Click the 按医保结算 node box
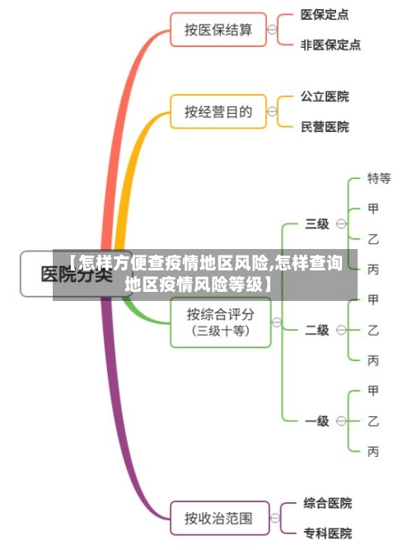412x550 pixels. pyautogui.click(x=218, y=30)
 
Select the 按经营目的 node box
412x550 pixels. pyautogui.click(x=218, y=111)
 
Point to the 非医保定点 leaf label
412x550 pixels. pyautogui.click(x=330, y=45)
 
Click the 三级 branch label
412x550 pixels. pyautogui.click(x=317, y=223)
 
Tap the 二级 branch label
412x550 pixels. pyautogui.click(x=317, y=330)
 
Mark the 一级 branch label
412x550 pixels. pyautogui.click(x=317, y=421)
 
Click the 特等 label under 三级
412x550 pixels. pyautogui.click(x=378, y=178)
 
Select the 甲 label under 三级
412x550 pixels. pyautogui.click(x=373, y=208)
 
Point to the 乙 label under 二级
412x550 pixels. pyautogui.click(x=373, y=329)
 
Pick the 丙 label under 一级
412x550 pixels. pyautogui.click(x=373, y=451)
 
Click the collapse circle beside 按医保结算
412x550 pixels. pyautogui.click(x=272, y=30)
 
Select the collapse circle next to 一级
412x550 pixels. pyautogui.click(x=341, y=421)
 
